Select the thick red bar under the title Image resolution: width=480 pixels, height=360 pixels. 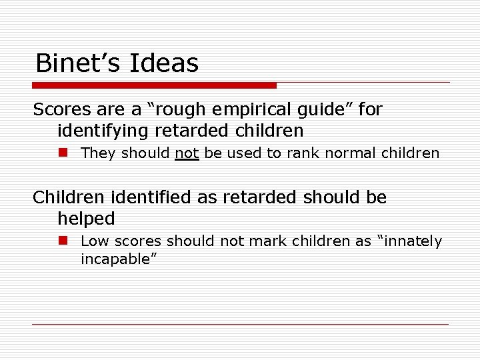point(154,85)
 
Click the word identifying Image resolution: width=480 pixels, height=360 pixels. point(100,130)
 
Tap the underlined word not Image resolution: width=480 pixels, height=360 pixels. point(187,153)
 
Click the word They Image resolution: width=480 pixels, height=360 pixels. point(99,153)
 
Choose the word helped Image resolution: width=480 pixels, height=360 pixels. point(86,219)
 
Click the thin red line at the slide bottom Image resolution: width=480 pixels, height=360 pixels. point(240,324)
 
